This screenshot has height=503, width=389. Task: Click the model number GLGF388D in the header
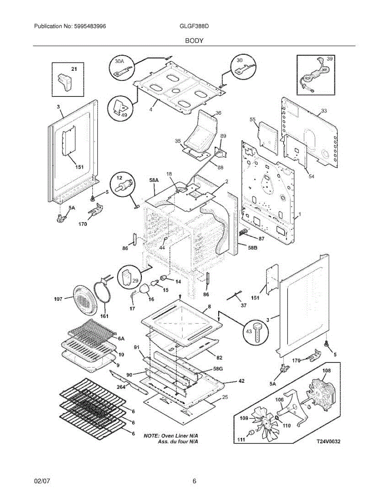(x=194, y=26)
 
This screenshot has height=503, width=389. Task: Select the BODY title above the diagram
(x=194, y=41)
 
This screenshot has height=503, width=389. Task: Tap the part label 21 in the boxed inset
(x=74, y=69)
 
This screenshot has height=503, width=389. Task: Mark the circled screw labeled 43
(x=256, y=331)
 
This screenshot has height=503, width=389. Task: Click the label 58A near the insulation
(x=154, y=180)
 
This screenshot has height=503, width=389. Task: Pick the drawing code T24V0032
(x=329, y=441)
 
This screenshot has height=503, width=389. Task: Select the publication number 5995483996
(x=90, y=26)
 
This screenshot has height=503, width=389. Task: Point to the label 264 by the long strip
(x=121, y=387)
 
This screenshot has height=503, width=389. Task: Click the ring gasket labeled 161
(x=102, y=302)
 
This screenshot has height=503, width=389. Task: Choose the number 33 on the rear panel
(x=324, y=111)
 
